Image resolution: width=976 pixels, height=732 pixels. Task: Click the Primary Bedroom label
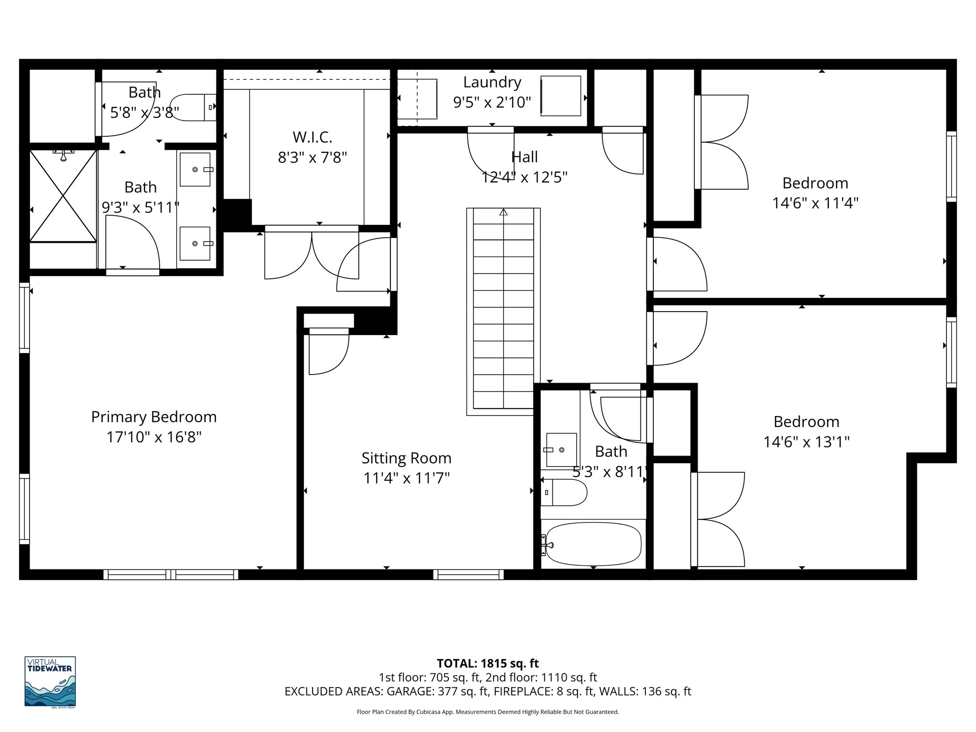[x=153, y=417]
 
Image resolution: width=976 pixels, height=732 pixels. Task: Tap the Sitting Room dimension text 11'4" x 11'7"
[x=406, y=478]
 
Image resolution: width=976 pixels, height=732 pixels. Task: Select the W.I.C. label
[x=312, y=137]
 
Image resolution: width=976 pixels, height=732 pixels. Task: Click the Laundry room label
[x=492, y=82]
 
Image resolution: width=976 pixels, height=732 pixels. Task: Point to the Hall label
[x=524, y=157]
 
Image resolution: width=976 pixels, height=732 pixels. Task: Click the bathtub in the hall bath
[x=593, y=544]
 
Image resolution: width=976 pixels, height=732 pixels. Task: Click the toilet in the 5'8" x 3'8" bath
[x=191, y=107]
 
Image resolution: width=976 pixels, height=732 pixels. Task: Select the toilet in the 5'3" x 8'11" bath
[x=562, y=492]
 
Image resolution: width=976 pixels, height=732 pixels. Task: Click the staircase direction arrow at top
[x=503, y=212]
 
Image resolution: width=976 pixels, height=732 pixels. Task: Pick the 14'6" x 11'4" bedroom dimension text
[x=815, y=203]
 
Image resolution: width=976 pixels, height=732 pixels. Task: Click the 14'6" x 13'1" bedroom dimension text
[x=806, y=442]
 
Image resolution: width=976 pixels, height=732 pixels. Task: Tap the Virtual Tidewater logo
[x=50, y=682]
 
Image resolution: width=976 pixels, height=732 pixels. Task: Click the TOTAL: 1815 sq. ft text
[x=488, y=663]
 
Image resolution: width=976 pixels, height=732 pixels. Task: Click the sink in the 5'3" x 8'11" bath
[x=561, y=449]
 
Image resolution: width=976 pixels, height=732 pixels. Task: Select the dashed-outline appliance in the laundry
[x=418, y=99]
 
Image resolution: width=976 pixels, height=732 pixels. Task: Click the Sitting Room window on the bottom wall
[x=468, y=575]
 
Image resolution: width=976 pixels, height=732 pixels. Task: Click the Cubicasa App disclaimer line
[x=488, y=712]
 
